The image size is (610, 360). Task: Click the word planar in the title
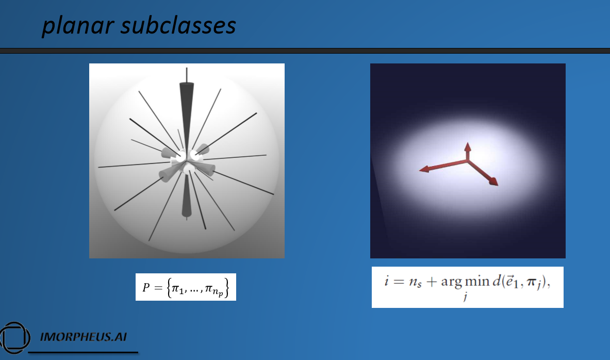point(78,26)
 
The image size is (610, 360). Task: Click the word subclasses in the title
point(178,25)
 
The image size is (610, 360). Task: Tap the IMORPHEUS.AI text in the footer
point(83,337)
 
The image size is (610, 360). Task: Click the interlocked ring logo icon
point(15,337)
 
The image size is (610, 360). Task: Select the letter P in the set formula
point(146,288)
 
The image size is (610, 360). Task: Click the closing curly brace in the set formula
point(226,288)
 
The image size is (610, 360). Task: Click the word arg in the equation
point(451,282)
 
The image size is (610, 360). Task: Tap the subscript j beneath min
point(465,297)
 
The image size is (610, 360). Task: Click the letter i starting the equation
point(386,280)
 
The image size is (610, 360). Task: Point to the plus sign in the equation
point(432,282)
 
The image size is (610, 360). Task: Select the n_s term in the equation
point(415,282)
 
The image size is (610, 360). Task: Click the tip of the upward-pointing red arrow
point(468,143)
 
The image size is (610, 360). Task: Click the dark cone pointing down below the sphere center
point(187,196)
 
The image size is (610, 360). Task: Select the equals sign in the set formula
point(158,288)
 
